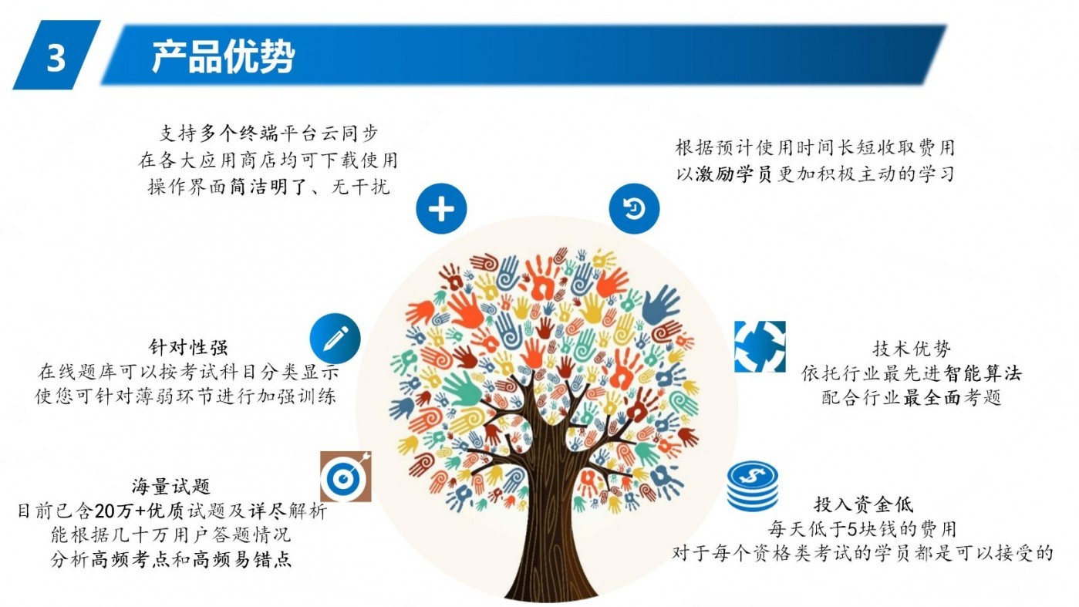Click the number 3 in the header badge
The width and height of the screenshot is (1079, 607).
point(56,59)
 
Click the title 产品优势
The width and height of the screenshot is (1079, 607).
point(223,57)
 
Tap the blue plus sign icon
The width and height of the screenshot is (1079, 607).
point(441,209)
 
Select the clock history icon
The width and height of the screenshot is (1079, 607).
point(634,208)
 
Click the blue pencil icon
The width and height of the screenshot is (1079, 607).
point(336,339)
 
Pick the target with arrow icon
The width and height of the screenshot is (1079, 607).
point(346,477)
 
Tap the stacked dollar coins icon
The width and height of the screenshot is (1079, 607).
point(753,487)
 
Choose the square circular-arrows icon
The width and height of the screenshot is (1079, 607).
point(760,347)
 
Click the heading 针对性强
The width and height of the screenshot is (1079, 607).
point(188,347)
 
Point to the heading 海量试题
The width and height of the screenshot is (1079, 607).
point(171,487)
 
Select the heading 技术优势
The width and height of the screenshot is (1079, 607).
point(912,349)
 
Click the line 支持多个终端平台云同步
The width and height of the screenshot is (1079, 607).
point(269,133)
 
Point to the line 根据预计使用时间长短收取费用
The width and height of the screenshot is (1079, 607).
point(814,147)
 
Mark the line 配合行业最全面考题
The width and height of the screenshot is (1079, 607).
point(912,398)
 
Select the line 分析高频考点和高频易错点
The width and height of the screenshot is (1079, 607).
point(171,560)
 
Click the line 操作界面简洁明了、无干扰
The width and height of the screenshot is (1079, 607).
point(269,187)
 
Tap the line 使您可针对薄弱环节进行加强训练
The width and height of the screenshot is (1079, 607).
point(185,396)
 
